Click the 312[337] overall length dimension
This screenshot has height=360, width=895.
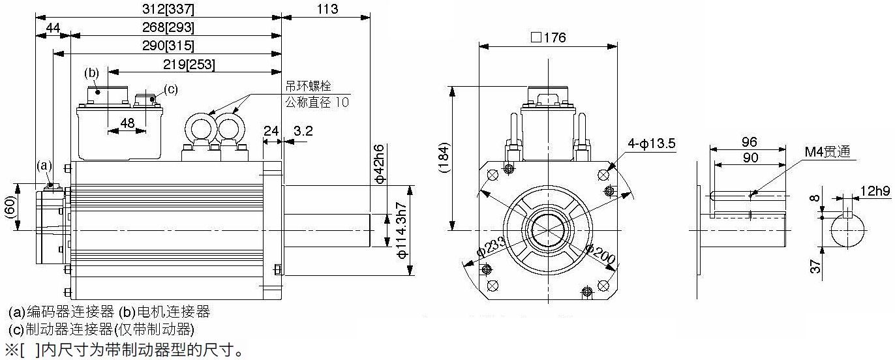168,9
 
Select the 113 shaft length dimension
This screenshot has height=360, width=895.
327,9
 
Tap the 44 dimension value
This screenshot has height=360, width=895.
53,27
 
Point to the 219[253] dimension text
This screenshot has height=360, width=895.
189,65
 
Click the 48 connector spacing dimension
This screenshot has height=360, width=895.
127,123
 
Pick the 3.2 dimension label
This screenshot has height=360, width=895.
303,131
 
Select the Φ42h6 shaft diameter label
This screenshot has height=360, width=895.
380,164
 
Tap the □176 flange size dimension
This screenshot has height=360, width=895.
548,38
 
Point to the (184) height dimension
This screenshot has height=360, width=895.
444,157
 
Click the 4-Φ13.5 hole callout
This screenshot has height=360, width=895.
651,143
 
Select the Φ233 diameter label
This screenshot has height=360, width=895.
491,247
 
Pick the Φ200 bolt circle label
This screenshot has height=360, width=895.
600,254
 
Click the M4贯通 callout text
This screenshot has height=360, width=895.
827,151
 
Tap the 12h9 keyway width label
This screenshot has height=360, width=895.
875,191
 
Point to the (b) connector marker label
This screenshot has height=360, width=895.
91,73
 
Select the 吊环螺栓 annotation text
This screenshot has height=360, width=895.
308,86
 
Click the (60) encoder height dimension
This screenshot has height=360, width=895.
11,207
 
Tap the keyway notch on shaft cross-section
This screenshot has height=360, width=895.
847,214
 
